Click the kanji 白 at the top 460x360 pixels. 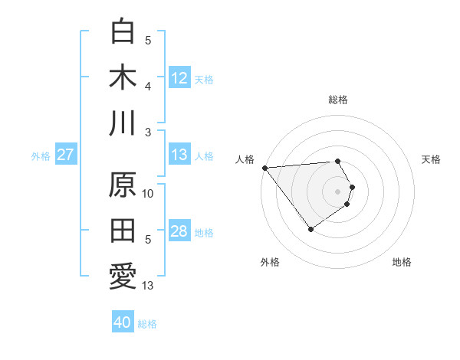[x=123, y=31]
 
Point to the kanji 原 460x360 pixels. [x=123, y=186]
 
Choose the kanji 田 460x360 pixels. [x=123, y=231]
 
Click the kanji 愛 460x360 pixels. [x=123, y=277]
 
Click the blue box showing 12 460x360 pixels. [x=179, y=77]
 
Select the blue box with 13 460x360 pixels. [x=179, y=155]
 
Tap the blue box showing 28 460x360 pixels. [x=179, y=232]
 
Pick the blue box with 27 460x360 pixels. [x=66, y=155]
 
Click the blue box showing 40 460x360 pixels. [x=123, y=323]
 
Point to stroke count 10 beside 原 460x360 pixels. [x=149, y=194]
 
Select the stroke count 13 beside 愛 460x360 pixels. [x=149, y=286]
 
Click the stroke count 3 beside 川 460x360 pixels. [x=149, y=132]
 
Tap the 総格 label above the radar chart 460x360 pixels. [x=338, y=100]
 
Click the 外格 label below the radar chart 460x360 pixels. [x=270, y=262]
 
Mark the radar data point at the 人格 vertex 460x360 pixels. [x=264, y=167]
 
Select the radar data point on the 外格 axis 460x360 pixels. [x=310, y=229]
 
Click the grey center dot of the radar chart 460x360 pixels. [x=337, y=191]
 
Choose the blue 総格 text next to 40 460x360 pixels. [x=148, y=324]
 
